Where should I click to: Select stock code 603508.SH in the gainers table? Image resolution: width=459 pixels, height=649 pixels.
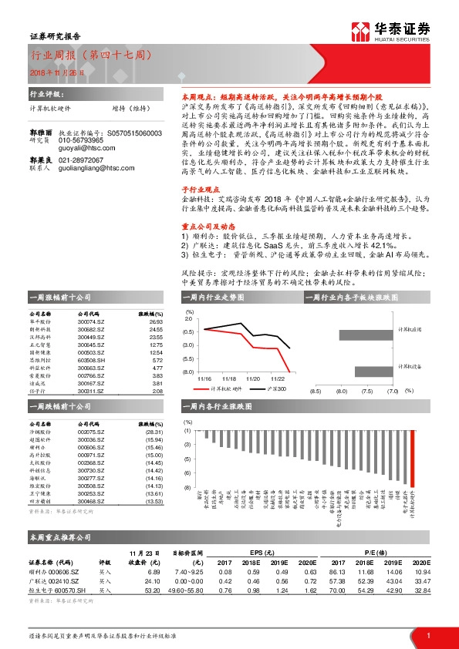point(92,360)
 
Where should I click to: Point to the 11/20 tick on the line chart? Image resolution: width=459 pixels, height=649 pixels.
point(252,379)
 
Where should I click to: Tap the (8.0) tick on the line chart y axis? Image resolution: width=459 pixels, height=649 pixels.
point(189,372)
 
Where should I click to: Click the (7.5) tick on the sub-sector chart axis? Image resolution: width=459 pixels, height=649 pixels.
point(366,392)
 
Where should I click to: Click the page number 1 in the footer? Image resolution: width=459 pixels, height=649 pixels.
point(428,634)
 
